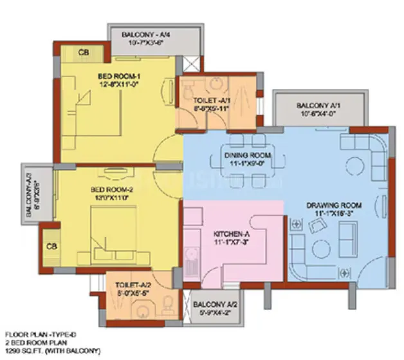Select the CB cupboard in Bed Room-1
pyautogui.click(x=84, y=52)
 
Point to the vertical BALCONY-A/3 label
pyautogui.click(x=28, y=189)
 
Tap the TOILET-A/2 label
pyautogui.click(x=134, y=283)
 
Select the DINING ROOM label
pyautogui.click(x=243, y=155)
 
